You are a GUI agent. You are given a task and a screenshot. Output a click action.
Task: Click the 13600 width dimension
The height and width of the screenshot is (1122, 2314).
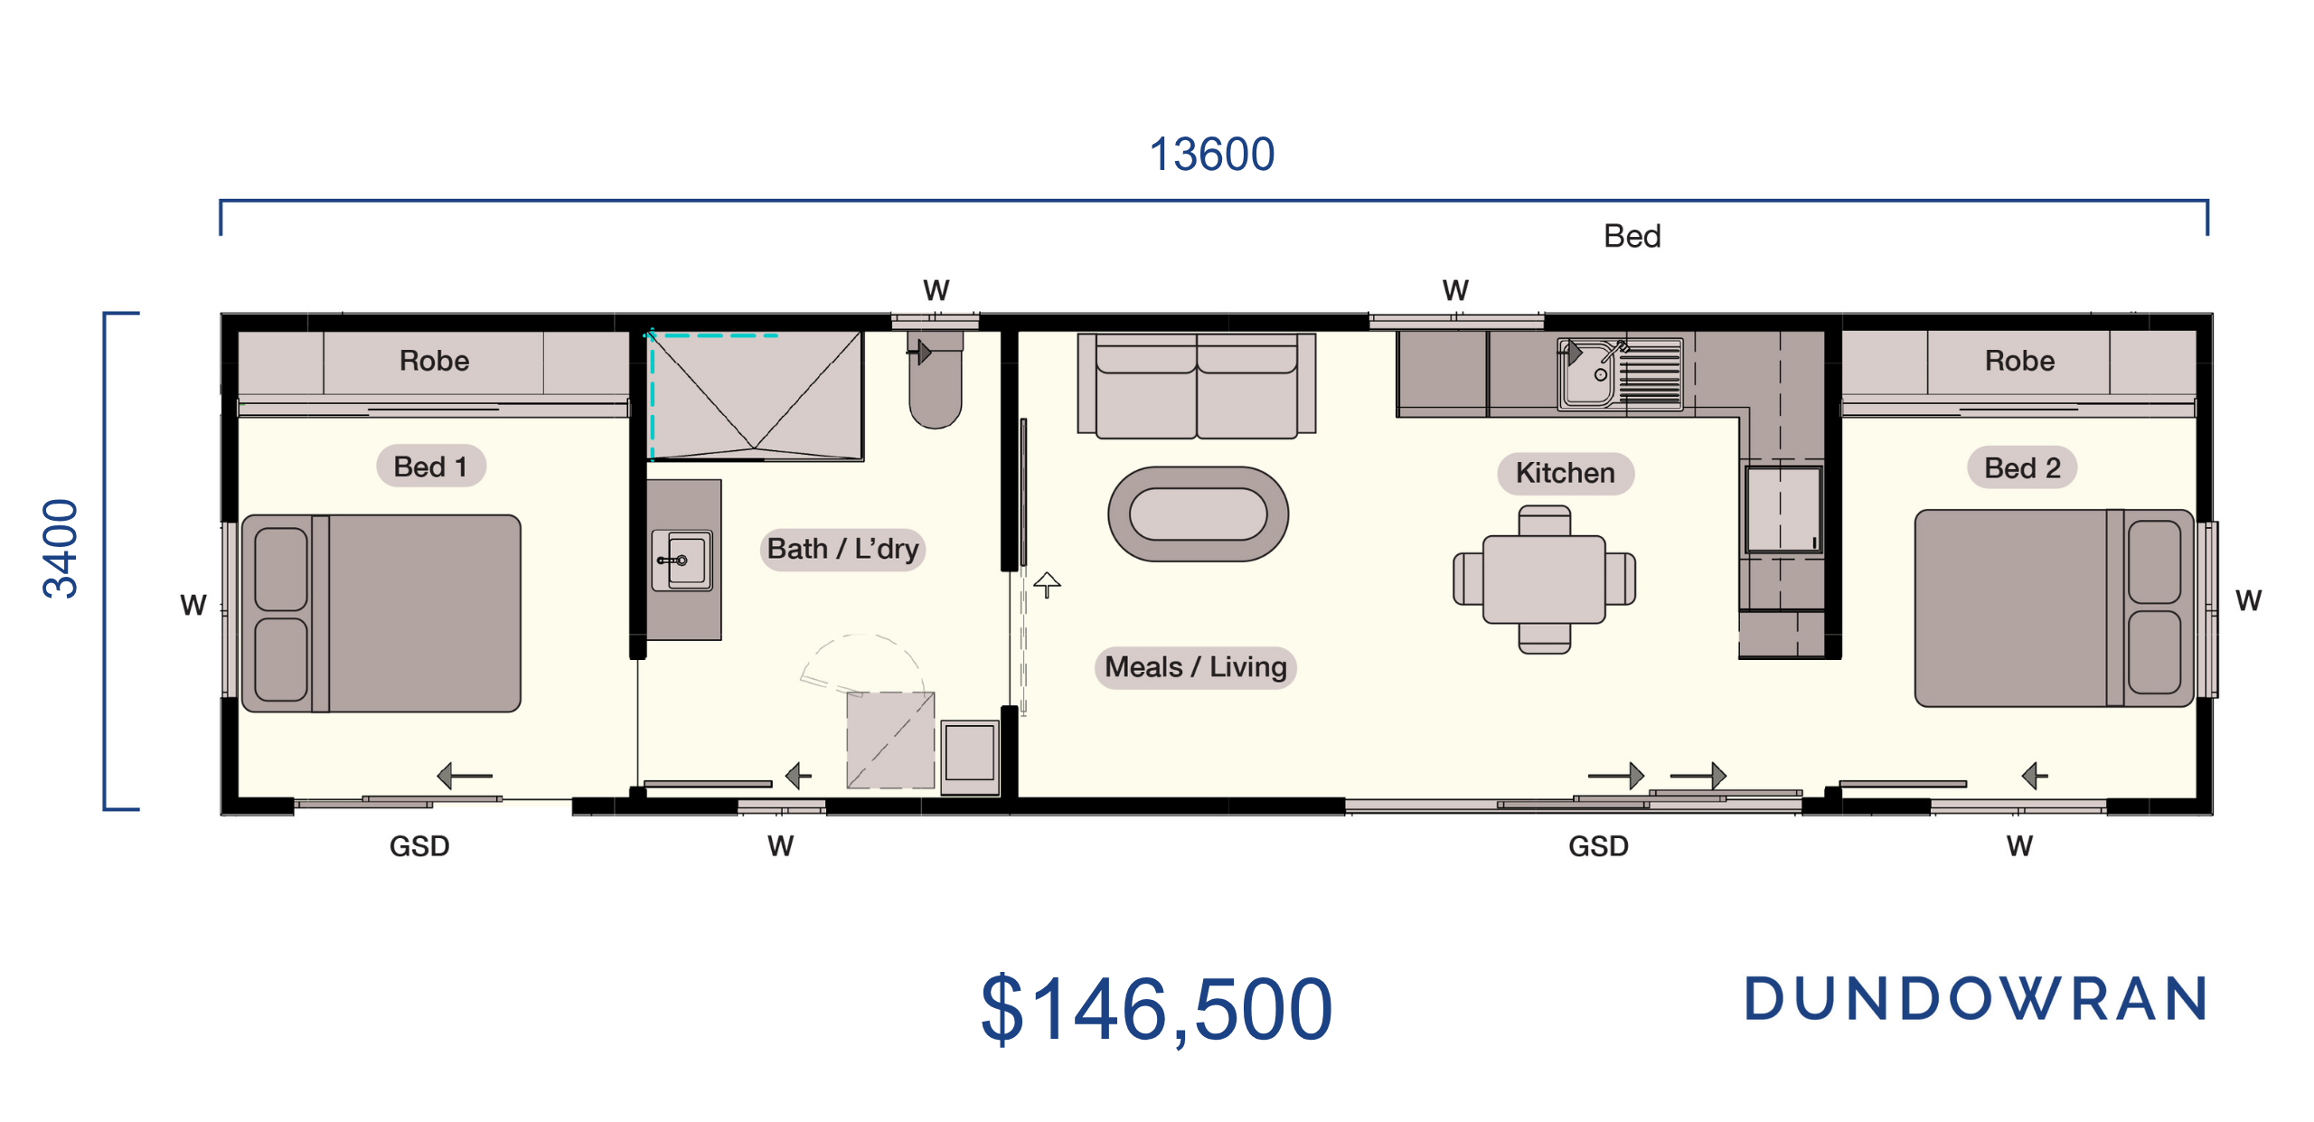1211,155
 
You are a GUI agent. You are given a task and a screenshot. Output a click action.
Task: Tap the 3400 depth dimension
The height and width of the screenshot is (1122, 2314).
61,549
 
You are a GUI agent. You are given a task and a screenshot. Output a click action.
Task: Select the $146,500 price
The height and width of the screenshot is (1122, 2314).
1156,1009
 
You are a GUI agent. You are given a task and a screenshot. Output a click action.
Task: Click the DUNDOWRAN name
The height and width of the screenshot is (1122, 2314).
1977,999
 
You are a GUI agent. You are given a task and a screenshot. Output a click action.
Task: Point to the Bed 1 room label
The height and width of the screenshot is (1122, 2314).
431,467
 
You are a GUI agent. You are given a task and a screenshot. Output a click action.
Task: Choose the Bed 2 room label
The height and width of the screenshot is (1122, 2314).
2022,467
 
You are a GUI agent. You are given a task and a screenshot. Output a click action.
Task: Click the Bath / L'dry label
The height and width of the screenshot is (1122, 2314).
842,549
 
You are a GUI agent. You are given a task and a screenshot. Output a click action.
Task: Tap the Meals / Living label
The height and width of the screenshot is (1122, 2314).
1195,667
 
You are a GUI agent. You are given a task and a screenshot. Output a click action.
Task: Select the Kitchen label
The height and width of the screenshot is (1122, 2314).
1565,473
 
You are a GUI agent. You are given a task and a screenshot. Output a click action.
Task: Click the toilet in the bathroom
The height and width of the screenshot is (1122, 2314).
936,380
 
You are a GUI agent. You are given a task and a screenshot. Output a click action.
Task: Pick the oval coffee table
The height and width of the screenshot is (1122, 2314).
1199,514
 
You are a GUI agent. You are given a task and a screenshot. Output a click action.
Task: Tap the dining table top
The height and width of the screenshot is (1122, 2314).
1544,580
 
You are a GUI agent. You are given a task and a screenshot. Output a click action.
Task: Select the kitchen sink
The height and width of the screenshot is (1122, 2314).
1619,374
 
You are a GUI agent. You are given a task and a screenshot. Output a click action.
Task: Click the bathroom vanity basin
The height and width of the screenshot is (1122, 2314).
682,561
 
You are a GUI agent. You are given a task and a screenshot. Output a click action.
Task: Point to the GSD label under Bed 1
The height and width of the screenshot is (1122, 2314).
419,846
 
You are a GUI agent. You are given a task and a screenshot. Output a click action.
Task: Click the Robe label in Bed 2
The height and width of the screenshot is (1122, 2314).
2019,361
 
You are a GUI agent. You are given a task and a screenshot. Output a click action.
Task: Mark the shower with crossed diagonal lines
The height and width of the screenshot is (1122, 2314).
756,396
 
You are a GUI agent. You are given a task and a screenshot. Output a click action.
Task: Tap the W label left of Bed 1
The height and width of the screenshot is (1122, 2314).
193,605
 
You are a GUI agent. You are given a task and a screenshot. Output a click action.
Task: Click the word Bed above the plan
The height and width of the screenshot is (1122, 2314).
1632,236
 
